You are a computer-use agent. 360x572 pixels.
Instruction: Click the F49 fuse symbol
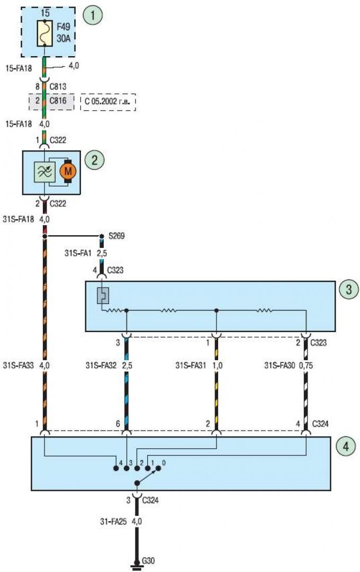pos(45,33)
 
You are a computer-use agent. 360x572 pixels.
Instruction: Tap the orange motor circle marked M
pos(67,171)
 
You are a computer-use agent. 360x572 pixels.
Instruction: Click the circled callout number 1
pos(93,15)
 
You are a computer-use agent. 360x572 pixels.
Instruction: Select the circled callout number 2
pos(94,160)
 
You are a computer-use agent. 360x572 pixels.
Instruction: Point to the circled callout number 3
pos(349,289)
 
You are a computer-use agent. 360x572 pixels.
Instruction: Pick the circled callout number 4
pos(345,446)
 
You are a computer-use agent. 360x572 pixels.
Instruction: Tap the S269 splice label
pos(116,236)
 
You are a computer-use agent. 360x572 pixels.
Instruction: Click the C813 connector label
pos(58,86)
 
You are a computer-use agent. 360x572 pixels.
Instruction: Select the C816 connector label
pos(58,100)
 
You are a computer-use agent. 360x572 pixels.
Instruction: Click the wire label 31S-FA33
pos(18,365)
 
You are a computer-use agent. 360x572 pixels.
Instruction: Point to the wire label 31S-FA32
pos(101,365)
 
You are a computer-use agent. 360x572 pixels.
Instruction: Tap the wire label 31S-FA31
pos(191,365)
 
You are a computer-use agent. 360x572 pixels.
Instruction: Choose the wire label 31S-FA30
pos(280,365)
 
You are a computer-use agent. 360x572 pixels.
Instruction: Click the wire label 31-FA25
pos(113,521)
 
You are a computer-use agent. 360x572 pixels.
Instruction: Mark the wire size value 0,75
pos(306,365)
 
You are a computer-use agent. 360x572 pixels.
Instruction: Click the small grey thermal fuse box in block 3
pos(103,296)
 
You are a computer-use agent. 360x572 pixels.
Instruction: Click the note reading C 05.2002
pos(107,101)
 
